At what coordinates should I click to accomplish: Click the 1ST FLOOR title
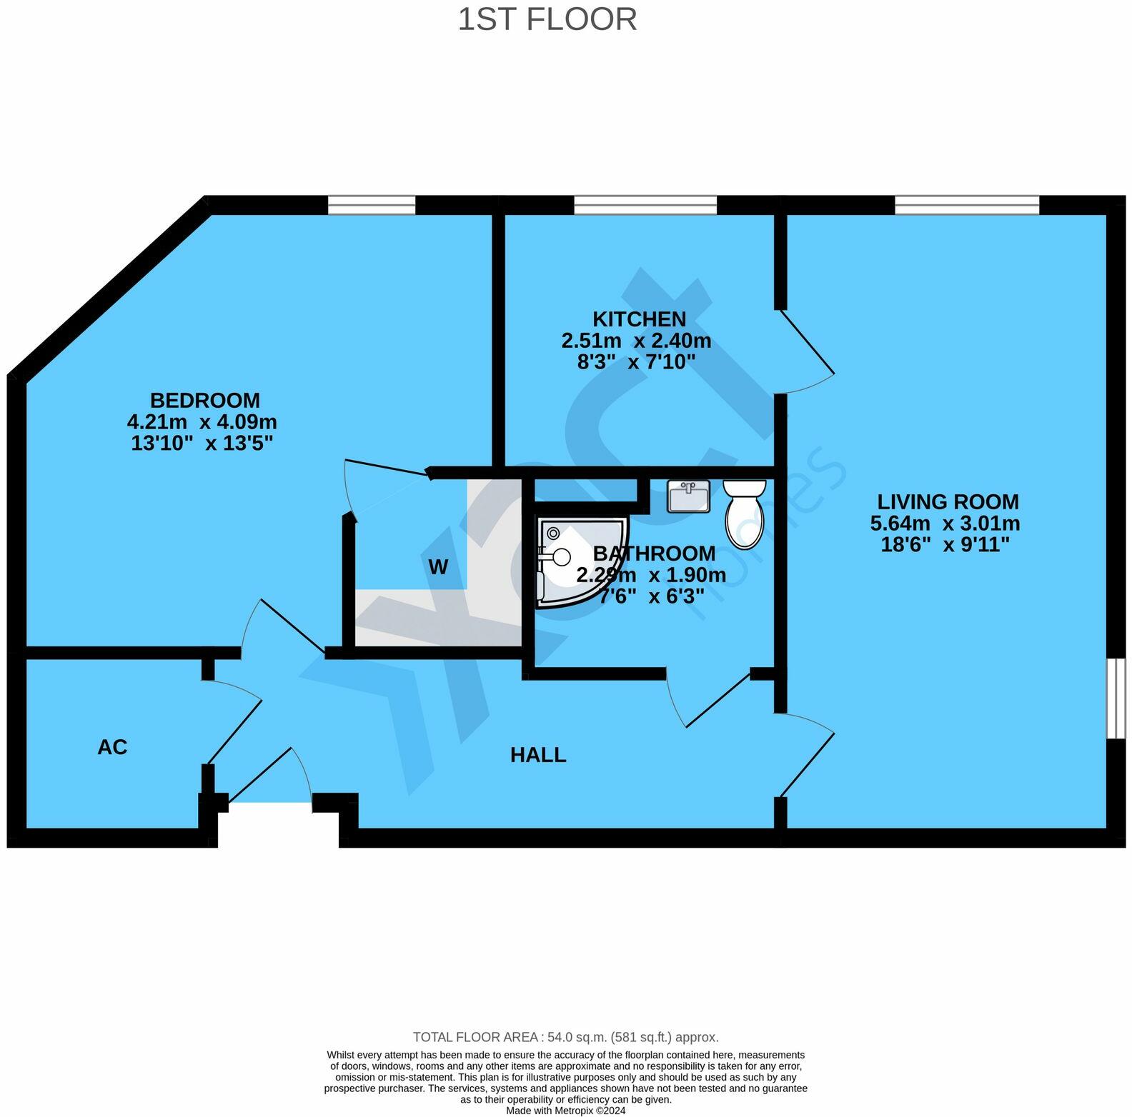(x=547, y=19)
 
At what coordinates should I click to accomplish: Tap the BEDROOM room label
(x=204, y=400)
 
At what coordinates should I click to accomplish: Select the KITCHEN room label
(x=639, y=319)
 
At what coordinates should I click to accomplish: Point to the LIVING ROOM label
(x=948, y=501)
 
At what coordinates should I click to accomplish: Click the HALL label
(x=537, y=755)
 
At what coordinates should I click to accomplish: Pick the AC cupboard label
(x=112, y=747)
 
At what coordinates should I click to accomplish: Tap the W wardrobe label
(x=437, y=567)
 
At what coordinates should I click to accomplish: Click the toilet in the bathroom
(x=744, y=513)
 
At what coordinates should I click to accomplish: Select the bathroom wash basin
(x=688, y=496)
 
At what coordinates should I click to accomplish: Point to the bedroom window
(x=372, y=206)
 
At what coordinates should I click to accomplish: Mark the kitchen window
(x=645, y=206)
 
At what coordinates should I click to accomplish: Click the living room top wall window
(x=966, y=206)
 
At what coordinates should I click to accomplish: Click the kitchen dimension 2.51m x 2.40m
(x=636, y=341)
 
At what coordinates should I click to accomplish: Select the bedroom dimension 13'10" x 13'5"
(x=202, y=444)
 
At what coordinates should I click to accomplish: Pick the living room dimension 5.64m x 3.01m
(x=945, y=524)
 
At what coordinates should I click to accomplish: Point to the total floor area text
(x=565, y=1037)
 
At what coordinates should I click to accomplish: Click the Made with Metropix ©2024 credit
(x=565, y=1111)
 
